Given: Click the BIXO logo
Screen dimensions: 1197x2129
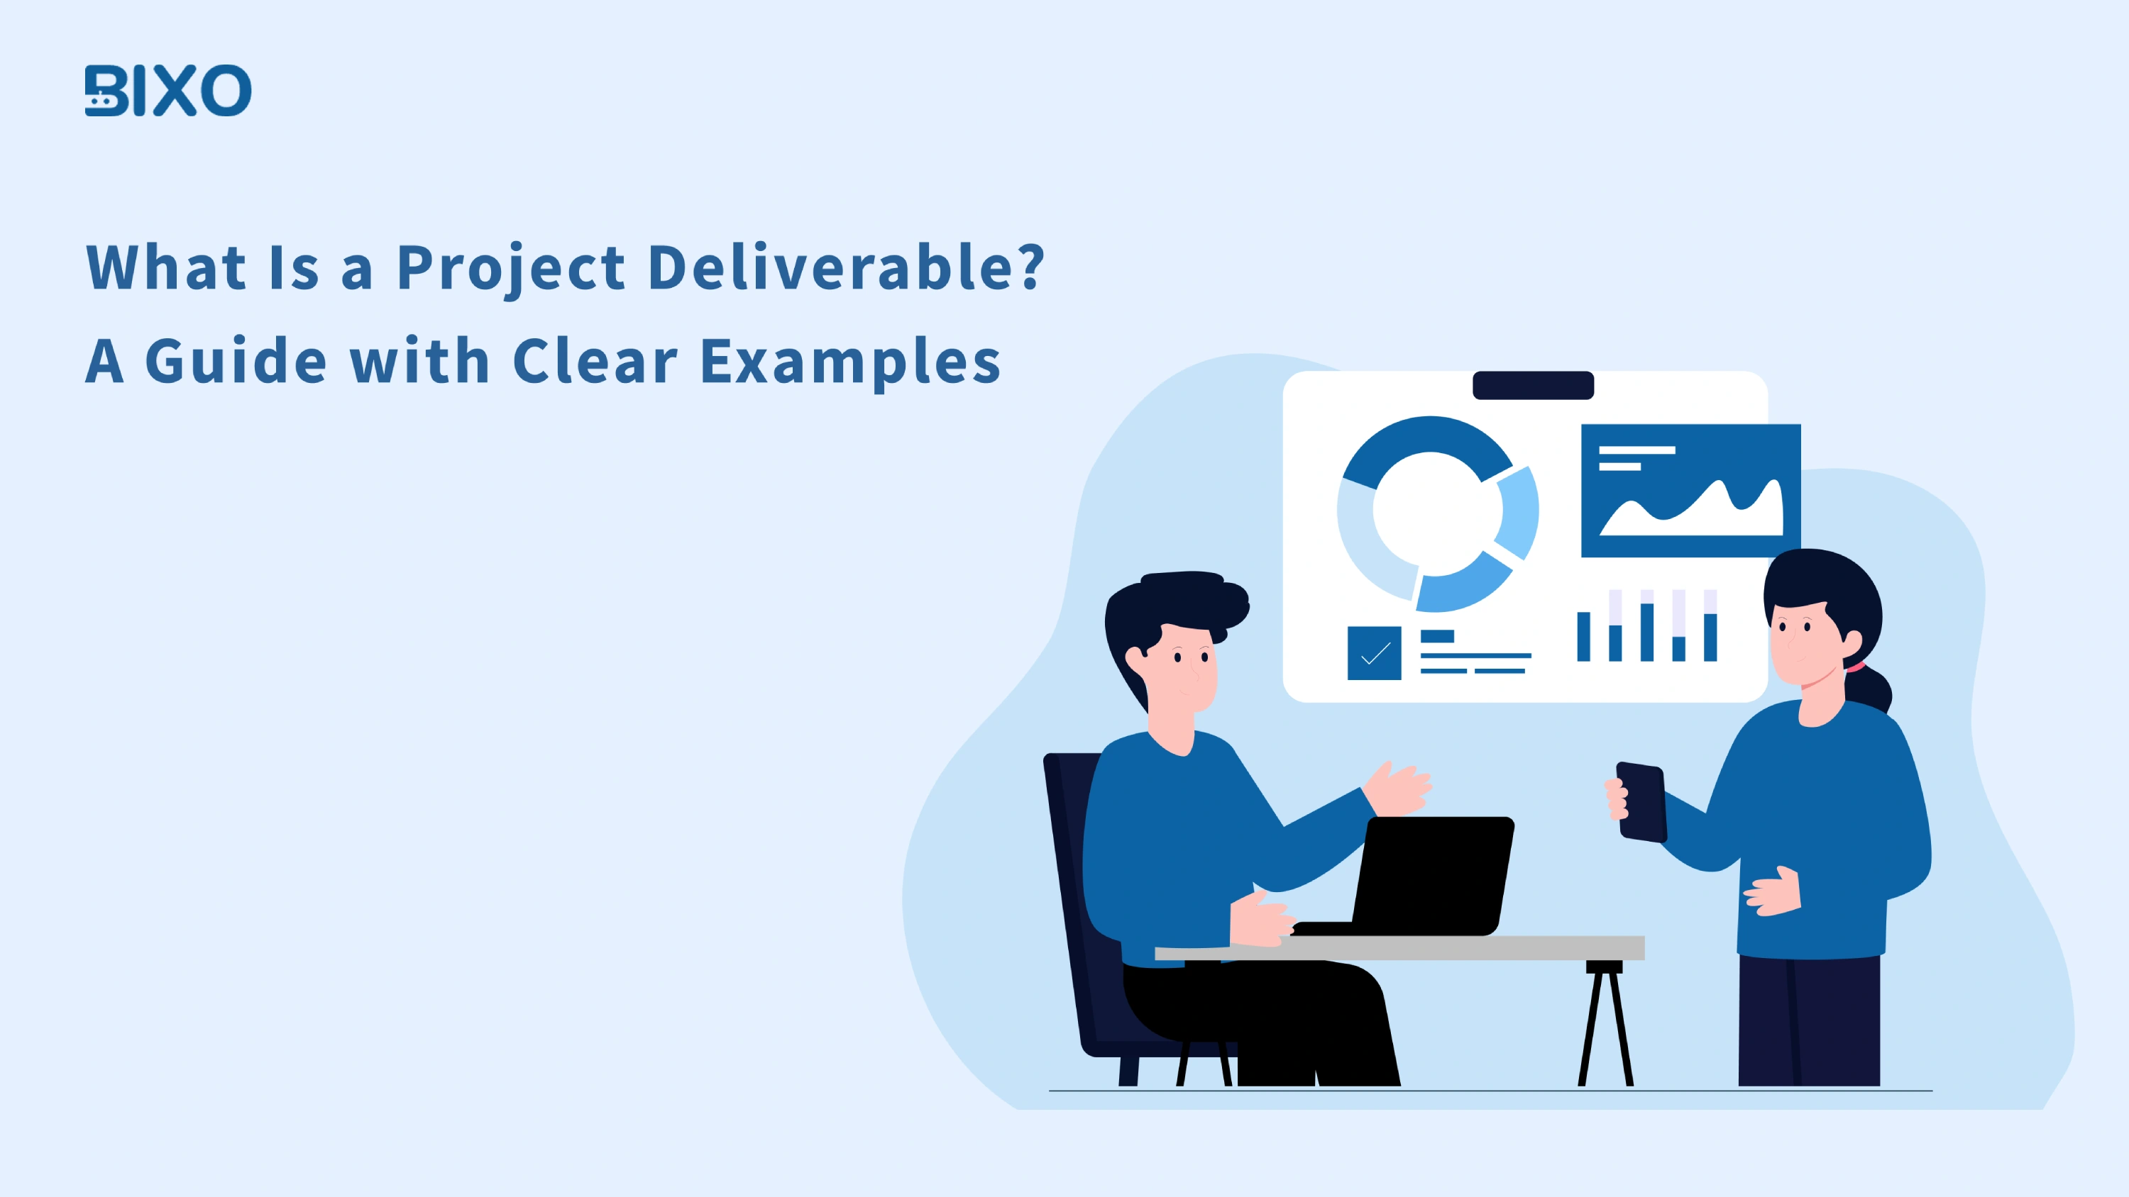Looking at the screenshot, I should [x=167, y=90].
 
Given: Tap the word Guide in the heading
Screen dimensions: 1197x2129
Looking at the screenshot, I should [x=236, y=361].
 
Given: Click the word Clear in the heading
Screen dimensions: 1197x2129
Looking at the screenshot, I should [x=595, y=361].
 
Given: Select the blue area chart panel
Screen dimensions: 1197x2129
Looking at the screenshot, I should [x=1690, y=491].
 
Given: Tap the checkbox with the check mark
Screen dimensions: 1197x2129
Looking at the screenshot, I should [x=1374, y=653].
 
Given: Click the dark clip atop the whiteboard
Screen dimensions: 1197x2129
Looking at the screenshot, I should [x=1533, y=386].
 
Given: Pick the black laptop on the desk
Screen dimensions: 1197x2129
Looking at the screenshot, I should [x=1434, y=876].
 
